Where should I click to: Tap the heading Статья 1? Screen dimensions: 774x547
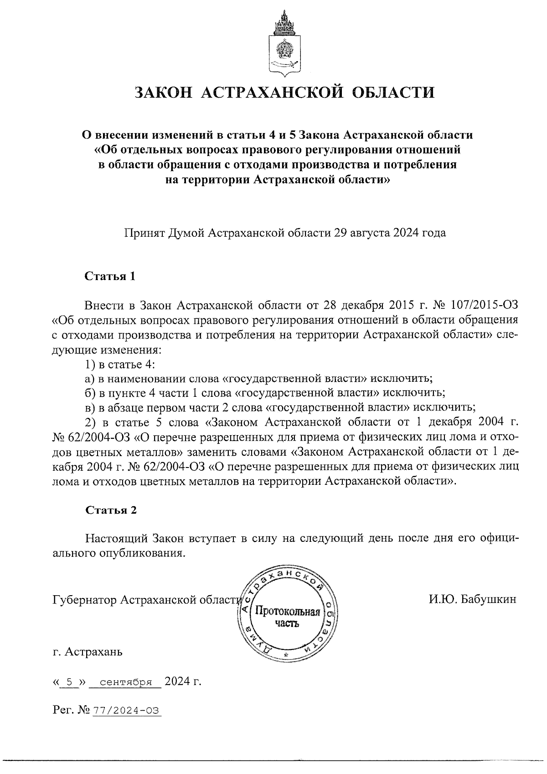coord(111,276)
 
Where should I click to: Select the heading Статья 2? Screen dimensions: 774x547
coord(111,510)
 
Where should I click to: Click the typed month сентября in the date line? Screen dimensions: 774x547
coord(125,683)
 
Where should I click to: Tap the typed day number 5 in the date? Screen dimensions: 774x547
coord(70,683)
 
